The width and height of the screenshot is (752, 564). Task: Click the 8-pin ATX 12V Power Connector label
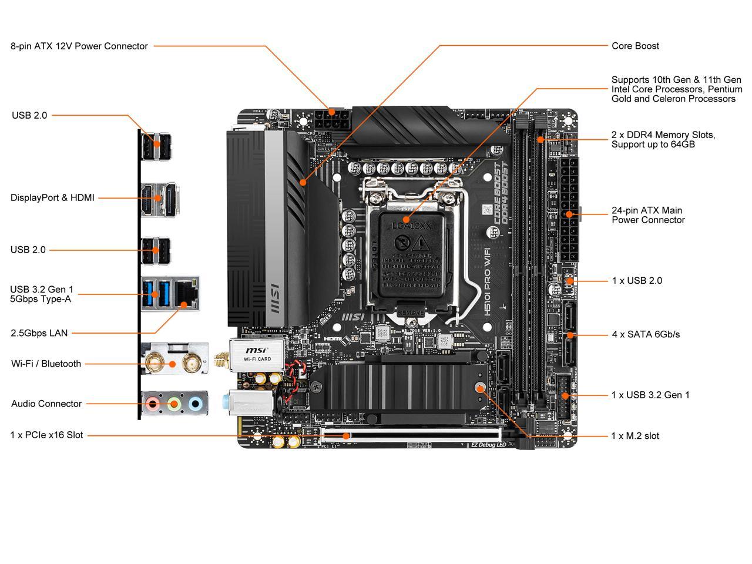(79, 46)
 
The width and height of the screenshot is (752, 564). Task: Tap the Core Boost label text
(635, 46)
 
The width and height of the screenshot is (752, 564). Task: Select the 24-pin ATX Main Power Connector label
(648, 215)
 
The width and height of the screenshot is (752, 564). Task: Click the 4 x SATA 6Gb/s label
(646, 334)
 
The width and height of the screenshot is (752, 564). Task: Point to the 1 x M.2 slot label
(635, 436)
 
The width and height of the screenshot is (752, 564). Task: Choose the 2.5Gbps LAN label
(39, 333)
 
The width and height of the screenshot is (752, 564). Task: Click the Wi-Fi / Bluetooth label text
(46, 364)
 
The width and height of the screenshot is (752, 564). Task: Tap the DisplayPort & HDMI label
(52, 197)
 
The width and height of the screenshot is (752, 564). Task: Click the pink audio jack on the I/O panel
(153, 404)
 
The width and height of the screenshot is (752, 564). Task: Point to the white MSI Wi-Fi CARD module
(256, 354)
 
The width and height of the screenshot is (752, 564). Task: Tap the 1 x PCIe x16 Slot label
(46, 435)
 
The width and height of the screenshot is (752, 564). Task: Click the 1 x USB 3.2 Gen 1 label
(650, 395)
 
